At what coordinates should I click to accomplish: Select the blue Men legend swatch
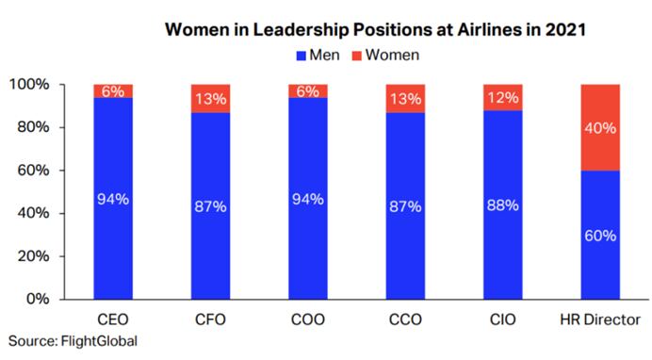pos(302,56)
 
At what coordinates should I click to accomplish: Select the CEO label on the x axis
pos(113,319)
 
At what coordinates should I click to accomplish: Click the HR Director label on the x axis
pos(600,319)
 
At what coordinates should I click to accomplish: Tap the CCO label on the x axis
pos(405,319)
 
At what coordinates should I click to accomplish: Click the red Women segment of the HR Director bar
pos(600,127)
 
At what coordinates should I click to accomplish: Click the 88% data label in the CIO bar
pos(503,199)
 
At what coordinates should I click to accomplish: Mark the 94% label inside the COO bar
pos(308,199)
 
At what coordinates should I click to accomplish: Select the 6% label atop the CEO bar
pos(113,91)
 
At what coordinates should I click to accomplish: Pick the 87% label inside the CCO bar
pos(405,199)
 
